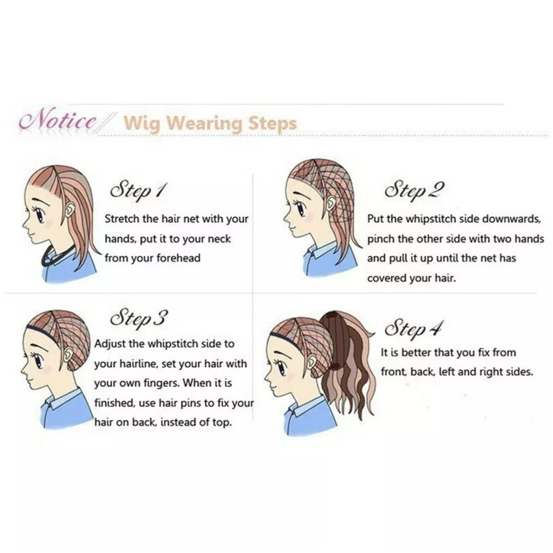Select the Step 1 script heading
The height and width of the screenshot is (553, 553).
click(x=138, y=190)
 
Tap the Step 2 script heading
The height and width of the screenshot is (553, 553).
click(x=414, y=190)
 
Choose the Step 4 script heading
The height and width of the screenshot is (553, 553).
click(x=412, y=328)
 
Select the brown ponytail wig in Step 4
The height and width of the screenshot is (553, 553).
click(x=348, y=365)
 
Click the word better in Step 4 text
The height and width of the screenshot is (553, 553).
click(x=416, y=353)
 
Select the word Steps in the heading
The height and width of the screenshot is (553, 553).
click(x=272, y=124)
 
